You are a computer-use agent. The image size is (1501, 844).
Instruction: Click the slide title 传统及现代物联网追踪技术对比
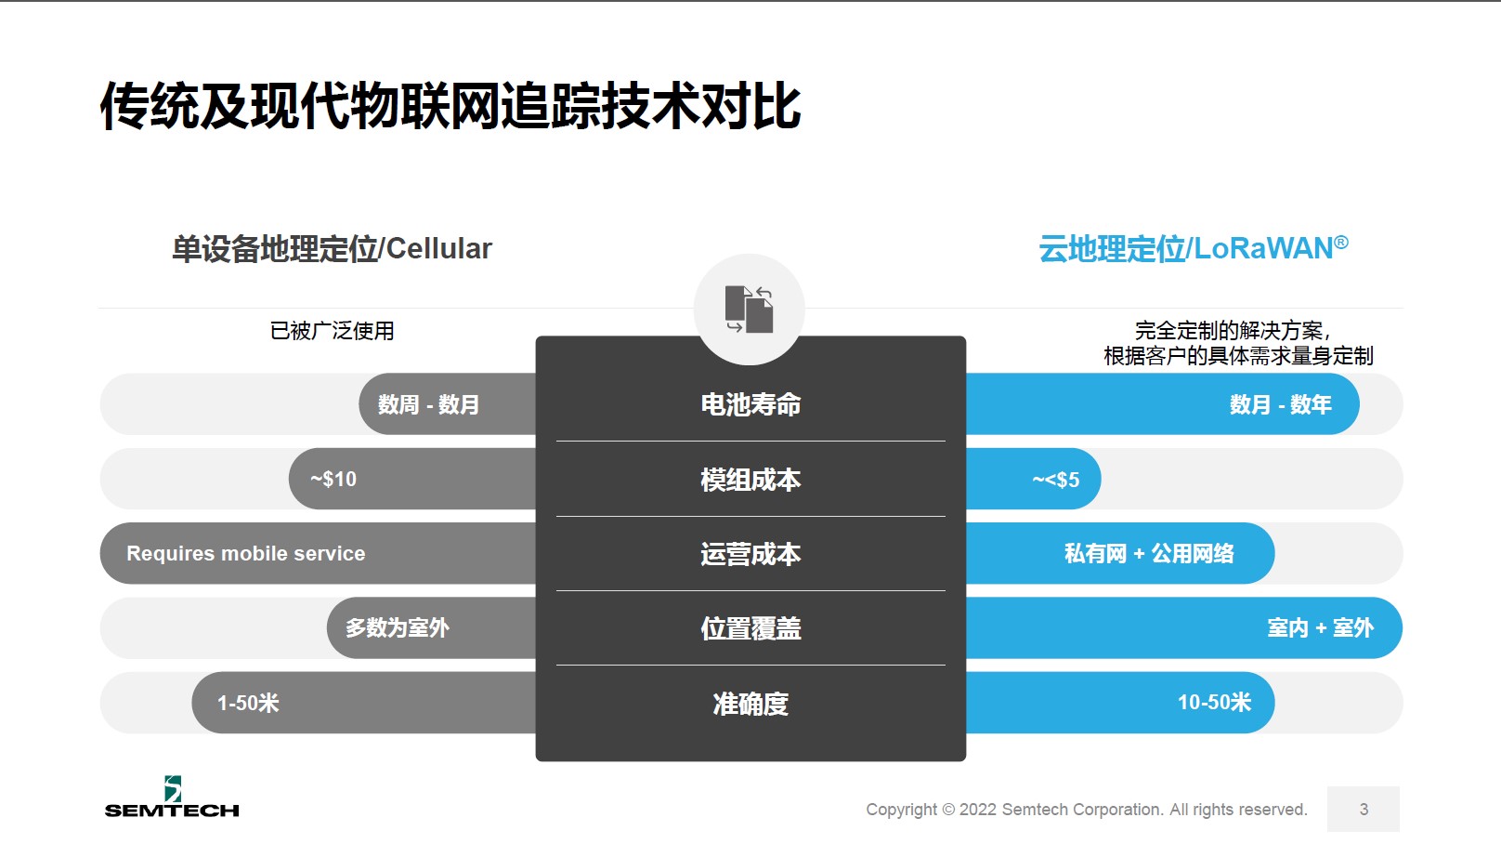pos(450,105)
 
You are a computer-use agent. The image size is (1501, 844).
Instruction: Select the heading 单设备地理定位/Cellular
pos(332,249)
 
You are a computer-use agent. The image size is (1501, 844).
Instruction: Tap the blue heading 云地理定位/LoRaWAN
pos(1193,248)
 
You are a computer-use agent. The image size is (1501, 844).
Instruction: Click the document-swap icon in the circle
pos(750,309)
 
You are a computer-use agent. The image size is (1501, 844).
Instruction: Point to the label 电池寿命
pos(750,404)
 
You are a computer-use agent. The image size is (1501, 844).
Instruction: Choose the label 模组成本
pos(750,480)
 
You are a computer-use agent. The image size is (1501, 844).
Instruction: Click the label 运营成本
pos(750,554)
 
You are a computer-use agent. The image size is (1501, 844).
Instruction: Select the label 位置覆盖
pos(750,628)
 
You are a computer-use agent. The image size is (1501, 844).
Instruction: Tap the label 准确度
pos(750,704)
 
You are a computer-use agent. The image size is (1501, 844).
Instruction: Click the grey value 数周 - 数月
pos(428,404)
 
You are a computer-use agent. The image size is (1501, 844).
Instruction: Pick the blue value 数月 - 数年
pos(1281,404)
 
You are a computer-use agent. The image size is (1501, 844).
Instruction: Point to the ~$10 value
pos(333,479)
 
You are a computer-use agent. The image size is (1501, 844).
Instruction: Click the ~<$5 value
pos(1055,480)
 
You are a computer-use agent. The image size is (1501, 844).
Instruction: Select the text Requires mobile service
pos(246,553)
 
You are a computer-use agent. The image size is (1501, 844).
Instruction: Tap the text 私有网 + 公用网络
pos(1149,553)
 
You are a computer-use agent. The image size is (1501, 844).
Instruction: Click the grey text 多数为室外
pos(398,627)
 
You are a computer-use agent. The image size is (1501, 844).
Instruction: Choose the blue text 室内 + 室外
pos(1320,627)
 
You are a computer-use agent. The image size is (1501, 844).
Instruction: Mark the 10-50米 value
pos(1214,702)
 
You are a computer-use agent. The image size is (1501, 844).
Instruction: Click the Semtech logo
pos(172,797)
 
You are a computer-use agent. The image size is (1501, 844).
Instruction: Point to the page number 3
pos(1364,809)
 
